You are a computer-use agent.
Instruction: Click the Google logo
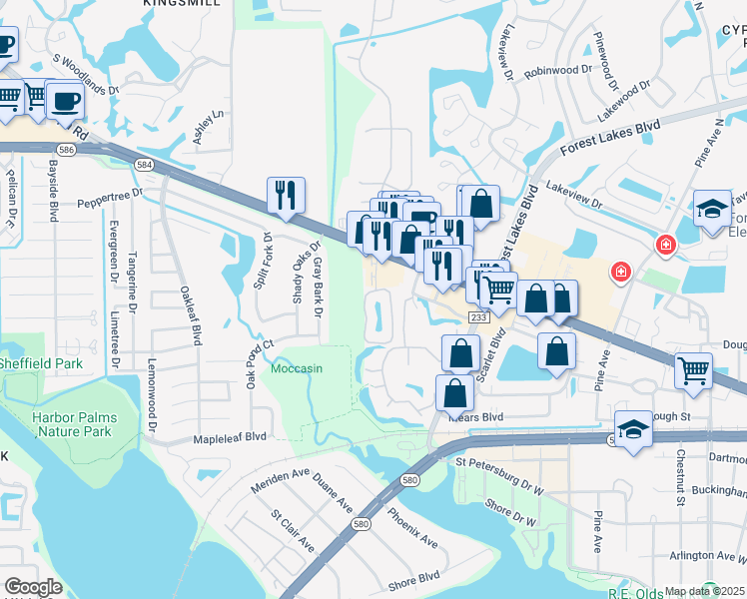pos(33,587)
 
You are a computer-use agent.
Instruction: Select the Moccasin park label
pos(297,368)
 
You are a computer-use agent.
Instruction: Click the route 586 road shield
pos(66,149)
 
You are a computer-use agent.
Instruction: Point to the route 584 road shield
pos(145,163)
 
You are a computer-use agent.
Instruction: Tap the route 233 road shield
pos(478,315)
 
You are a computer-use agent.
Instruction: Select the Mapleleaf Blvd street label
pos(230,436)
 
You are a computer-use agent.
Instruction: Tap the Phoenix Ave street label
pos(411,528)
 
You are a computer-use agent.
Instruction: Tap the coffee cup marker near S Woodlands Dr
pos(67,102)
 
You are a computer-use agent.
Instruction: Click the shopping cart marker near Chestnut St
pos(693,370)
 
